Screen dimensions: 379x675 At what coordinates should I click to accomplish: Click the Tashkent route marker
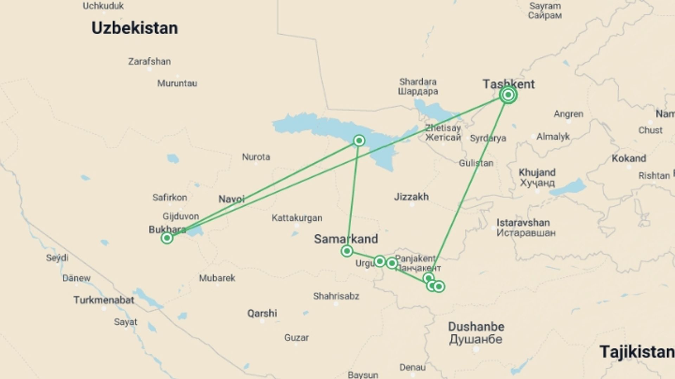pos(508,95)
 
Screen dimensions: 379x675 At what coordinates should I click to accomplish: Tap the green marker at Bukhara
pos(167,238)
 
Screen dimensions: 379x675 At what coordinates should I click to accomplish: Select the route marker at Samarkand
pos(347,251)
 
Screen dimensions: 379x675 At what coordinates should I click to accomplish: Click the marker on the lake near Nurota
pos(359,141)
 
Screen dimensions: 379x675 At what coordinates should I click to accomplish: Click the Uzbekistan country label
pos(135,28)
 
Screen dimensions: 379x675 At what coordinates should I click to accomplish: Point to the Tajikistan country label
pos(637,352)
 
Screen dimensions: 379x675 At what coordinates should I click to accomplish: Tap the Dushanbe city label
pos(476,327)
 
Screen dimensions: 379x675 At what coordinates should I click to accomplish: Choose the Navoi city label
pos(231,199)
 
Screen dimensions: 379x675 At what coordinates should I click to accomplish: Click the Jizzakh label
pos(411,197)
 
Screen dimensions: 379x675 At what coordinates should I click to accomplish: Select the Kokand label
pos(629,158)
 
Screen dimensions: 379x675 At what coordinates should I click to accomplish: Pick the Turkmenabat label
pos(104,300)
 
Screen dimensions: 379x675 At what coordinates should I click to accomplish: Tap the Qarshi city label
pos(262,313)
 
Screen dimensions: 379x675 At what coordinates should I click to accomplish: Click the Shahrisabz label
pos(336,296)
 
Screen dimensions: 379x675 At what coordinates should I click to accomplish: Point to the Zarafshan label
pos(149,61)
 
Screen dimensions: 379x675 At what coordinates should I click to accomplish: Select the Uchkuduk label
pos(103,6)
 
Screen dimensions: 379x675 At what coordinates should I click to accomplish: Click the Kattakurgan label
pos(297,218)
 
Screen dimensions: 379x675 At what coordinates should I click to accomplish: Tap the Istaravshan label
pos(523,222)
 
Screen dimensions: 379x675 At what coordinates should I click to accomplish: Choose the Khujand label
pos(537,172)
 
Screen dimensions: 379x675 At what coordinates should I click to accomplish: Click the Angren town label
pos(568,114)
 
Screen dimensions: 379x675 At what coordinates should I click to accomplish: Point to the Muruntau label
pos(177,84)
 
